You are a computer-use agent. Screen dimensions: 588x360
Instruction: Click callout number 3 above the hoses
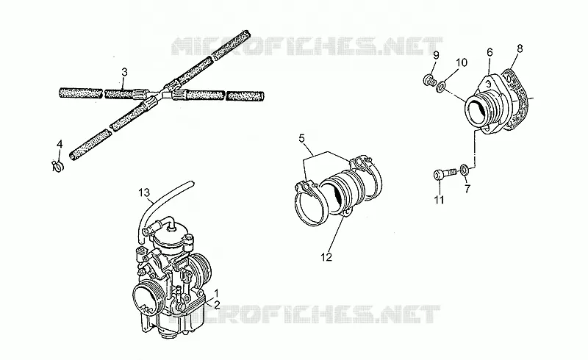click(125, 71)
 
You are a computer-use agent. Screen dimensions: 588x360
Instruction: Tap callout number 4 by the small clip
click(60, 144)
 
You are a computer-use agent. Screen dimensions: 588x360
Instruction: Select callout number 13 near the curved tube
click(144, 192)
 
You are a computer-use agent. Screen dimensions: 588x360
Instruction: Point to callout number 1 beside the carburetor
click(216, 292)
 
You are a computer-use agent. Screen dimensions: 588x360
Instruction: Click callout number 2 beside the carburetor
click(216, 305)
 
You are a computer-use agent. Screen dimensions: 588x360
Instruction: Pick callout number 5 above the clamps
click(302, 138)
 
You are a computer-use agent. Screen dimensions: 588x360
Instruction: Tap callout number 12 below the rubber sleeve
click(326, 257)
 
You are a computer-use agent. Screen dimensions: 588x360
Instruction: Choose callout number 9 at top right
click(436, 56)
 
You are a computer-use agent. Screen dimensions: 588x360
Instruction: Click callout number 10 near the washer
click(462, 62)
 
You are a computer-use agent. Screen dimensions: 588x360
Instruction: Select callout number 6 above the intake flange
click(490, 52)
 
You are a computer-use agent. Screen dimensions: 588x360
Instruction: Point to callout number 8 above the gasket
click(520, 48)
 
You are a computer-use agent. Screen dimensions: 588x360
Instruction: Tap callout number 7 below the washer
click(467, 189)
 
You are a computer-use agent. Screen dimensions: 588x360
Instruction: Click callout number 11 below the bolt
click(439, 200)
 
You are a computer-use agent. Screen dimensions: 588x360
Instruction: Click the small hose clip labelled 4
click(57, 166)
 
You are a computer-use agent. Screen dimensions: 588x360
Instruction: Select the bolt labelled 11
click(445, 175)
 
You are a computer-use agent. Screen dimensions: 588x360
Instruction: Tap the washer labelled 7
click(464, 170)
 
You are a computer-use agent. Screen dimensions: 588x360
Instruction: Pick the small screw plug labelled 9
click(430, 80)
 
